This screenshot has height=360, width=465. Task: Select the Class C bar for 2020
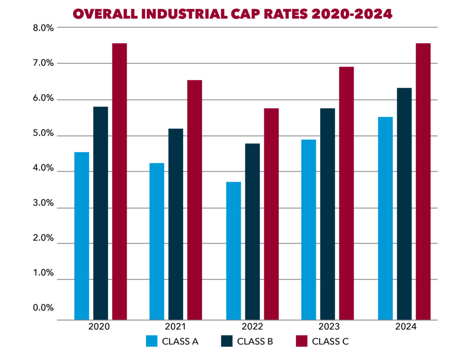(119, 181)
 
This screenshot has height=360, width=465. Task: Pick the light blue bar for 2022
(233, 250)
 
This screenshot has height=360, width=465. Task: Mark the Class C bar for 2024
(423, 181)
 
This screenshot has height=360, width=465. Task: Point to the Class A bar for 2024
(386, 218)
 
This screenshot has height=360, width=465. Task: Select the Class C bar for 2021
(195, 200)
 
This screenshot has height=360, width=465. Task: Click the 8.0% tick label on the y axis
(44, 28)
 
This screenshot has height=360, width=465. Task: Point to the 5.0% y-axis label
(44, 134)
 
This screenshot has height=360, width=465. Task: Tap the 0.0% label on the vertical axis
(44, 308)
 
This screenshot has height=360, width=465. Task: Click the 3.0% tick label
(44, 204)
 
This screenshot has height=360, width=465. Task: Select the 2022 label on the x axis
(252, 327)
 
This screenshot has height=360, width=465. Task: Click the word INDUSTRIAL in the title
(181, 14)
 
